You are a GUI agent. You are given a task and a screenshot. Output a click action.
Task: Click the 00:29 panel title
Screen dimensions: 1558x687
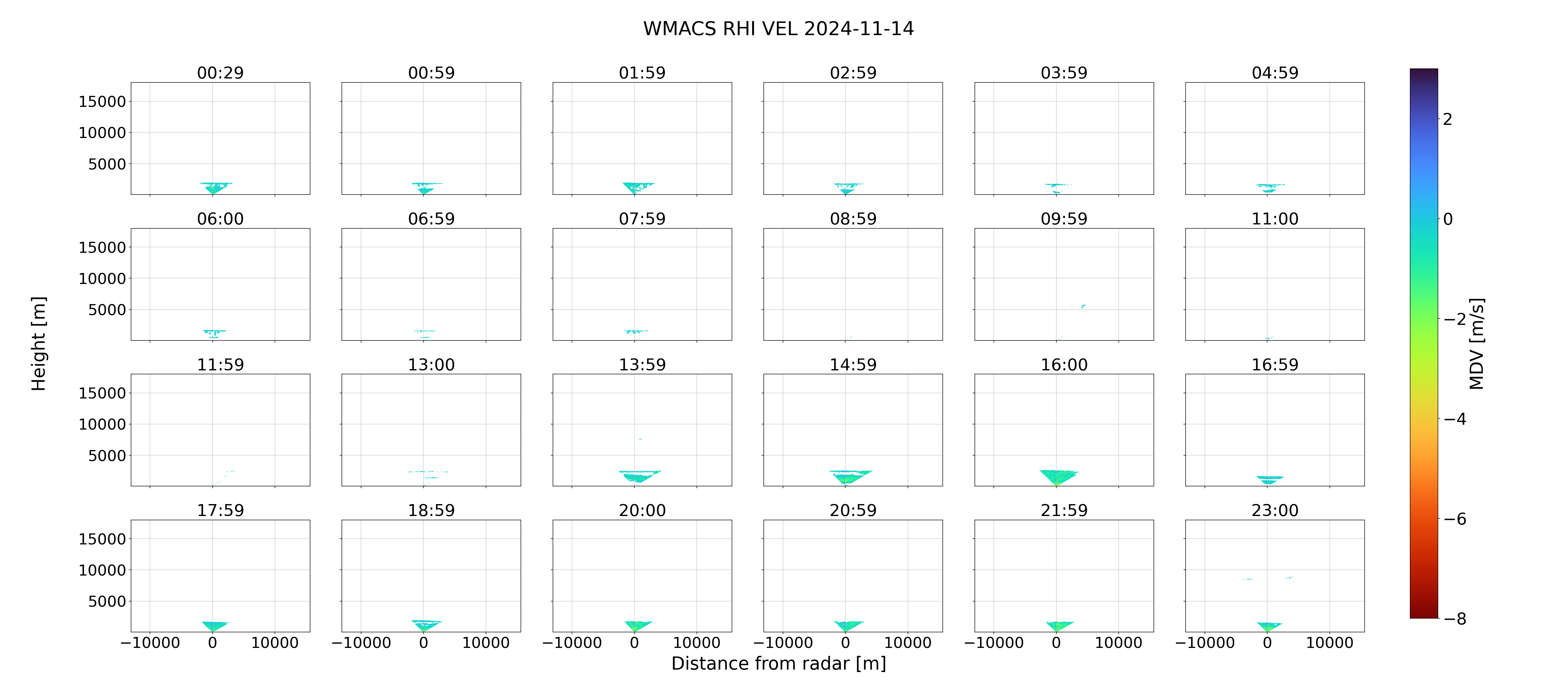[x=220, y=73]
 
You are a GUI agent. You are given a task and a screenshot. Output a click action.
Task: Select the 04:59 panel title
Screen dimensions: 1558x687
[x=1275, y=73]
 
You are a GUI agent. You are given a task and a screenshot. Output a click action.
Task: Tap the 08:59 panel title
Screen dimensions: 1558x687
[x=853, y=219]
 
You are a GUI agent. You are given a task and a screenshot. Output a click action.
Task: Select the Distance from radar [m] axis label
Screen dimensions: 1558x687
[x=778, y=663]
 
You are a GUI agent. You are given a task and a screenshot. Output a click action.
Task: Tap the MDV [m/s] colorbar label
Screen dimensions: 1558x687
[x=1476, y=343]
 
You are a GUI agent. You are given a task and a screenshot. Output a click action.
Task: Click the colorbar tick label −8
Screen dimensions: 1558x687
[x=1454, y=619]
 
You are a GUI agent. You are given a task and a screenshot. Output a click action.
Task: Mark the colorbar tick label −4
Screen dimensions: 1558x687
[x=1454, y=419]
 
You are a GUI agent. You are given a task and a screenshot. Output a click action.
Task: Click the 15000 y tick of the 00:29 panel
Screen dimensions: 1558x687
[x=102, y=102]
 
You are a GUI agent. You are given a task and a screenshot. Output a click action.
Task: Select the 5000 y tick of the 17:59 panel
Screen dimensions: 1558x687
[x=107, y=601]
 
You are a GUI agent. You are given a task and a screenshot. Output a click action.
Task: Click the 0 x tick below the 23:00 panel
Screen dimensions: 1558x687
[x=1267, y=643]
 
